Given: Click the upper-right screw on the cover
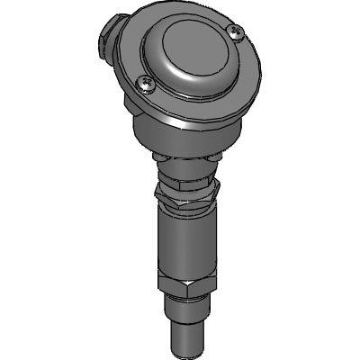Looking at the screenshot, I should click(237, 33).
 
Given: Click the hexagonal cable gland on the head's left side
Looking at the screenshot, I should click(106, 40).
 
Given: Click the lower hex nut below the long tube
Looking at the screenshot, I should click(184, 292).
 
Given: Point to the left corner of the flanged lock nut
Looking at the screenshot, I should click(156, 190).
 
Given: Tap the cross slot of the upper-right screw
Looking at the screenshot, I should click(237, 33).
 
